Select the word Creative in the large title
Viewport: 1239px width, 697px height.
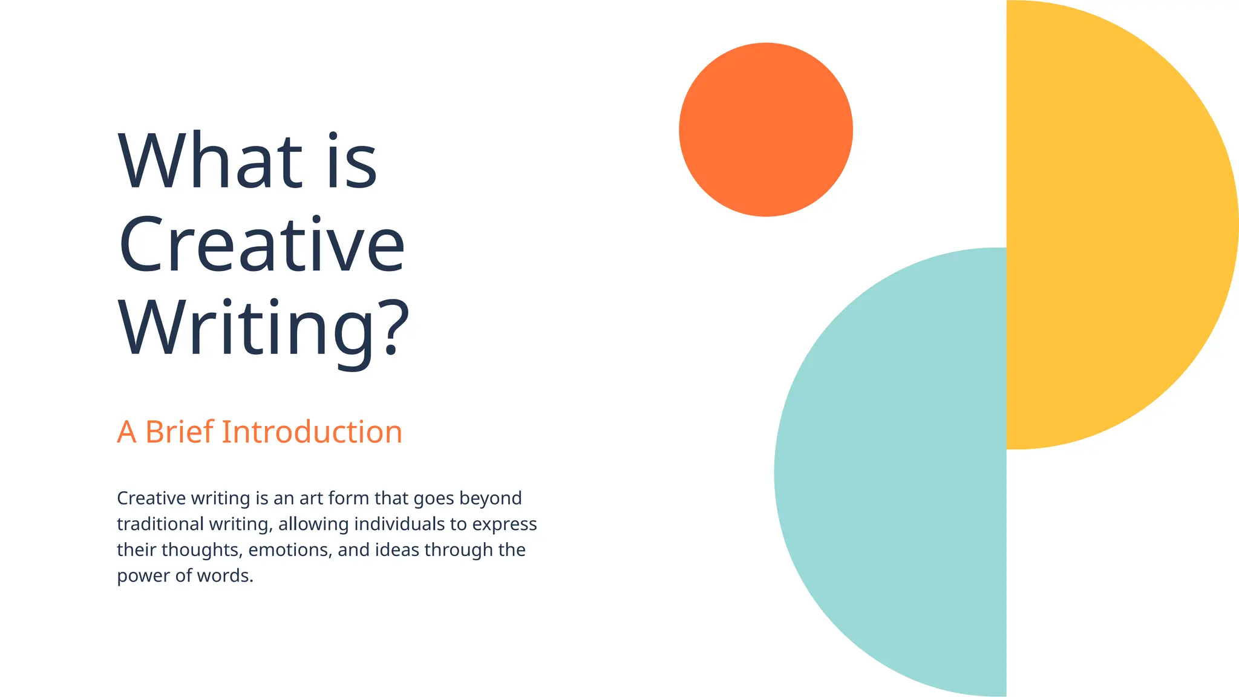click(261, 244)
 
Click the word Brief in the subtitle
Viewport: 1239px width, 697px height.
click(180, 432)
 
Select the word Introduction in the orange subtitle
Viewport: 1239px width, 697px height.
click(312, 432)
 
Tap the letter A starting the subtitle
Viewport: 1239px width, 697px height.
click(126, 432)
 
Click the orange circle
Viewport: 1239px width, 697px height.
click(765, 129)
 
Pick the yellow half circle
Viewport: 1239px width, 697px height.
click(1119, 224)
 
